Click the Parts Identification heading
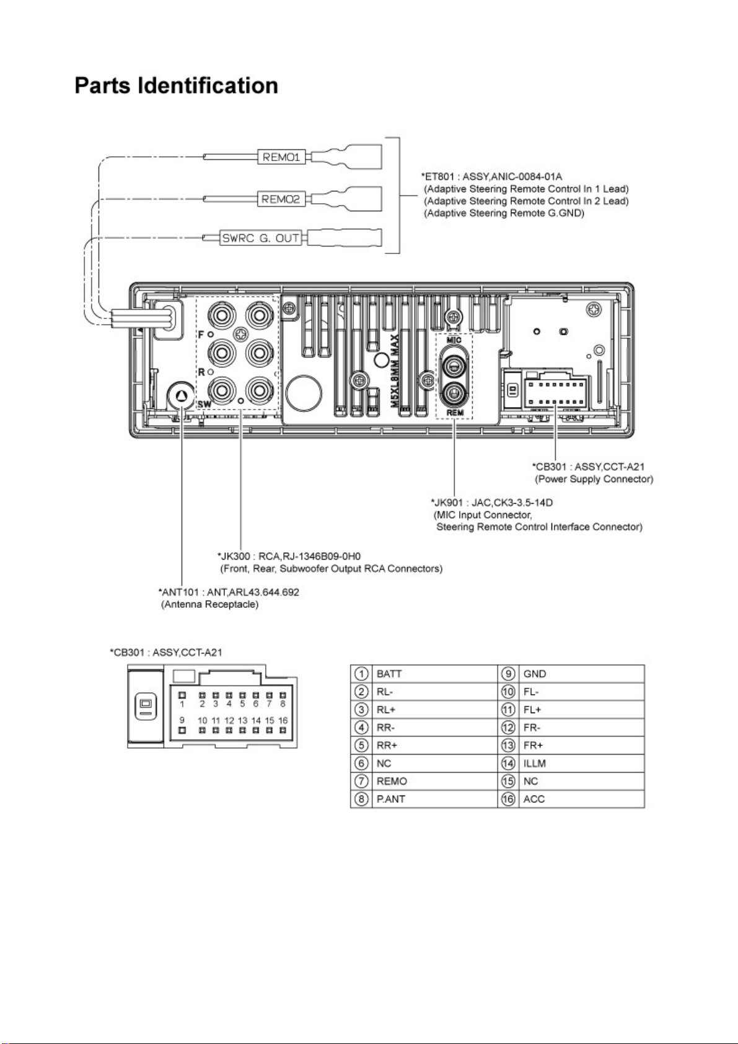click(x=176, y=86)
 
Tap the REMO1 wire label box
click(x=281, y=157)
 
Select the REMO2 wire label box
click(x=281, y=200)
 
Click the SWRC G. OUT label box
click(x=261, y=238)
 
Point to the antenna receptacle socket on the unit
click(x=181, y=395)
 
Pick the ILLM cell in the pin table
click(x=581, y=763)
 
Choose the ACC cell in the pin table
click(x=581, y=799)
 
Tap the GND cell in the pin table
click(x=581, y=674)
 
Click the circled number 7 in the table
click(x=361, y=781)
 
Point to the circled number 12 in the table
click(x=508, y=727)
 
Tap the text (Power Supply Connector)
click(x=594, y=479)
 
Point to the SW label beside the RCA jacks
click(x=204, y=403)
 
